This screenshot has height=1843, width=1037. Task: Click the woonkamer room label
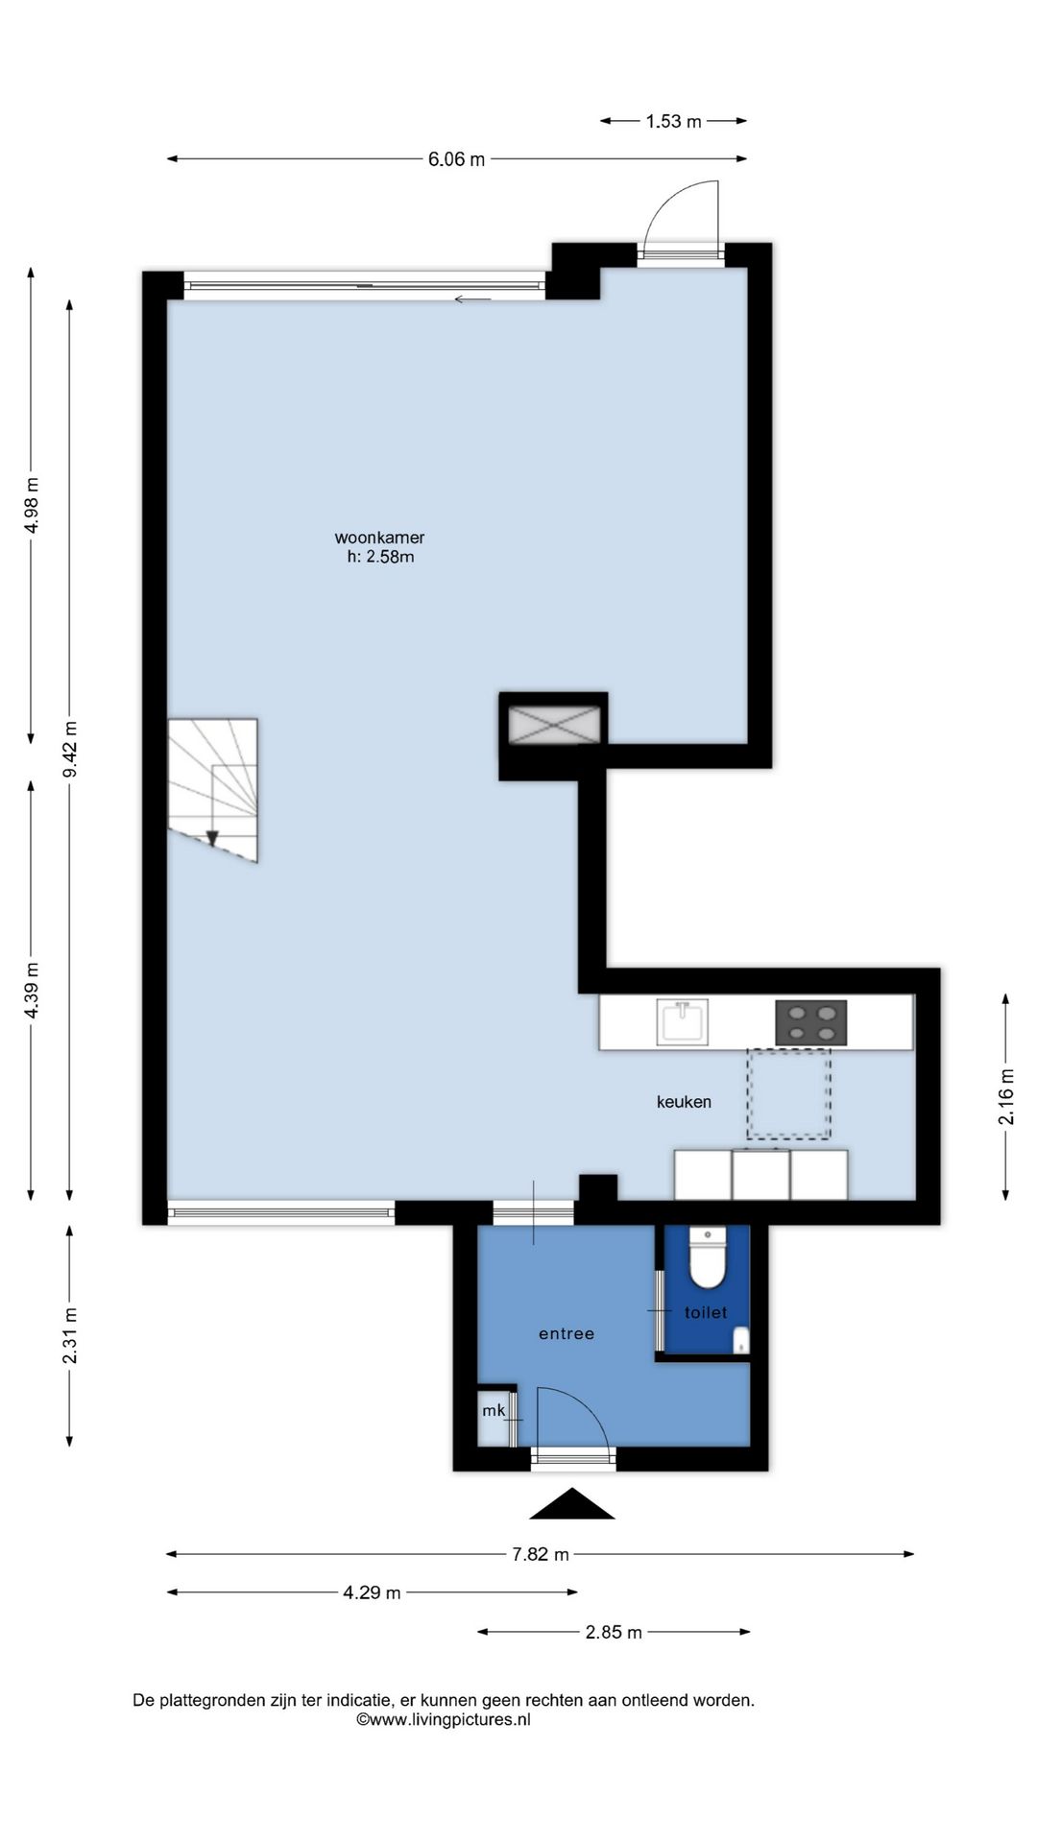tap(379, 538)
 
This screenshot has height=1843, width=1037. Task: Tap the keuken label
tap(684, 1102)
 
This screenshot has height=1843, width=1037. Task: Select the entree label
tap(567, 1333)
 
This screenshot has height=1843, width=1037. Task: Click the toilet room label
tap(706, 1312)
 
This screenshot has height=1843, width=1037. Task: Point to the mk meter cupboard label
tap(494, 1410)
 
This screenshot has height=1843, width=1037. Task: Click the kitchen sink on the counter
tap(682, 1021)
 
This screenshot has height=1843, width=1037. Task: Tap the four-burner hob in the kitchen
tap(811, 1022)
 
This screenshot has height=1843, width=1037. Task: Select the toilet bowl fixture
tap(709, 1257)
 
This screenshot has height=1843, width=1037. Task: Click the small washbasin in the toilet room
tap(740, 1341)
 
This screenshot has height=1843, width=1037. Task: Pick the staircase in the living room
tap(213, 790)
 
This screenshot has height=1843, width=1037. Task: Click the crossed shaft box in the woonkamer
tap(554, 725)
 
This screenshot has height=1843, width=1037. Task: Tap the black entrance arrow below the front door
tap(572, 1504)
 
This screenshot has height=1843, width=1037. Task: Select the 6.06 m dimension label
tap(456, 159)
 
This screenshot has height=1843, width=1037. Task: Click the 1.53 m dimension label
tap(673, 121)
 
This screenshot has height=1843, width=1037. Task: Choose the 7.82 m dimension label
tap(541, 1554)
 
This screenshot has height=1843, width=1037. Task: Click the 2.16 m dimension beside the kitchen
tap(1006, 1096)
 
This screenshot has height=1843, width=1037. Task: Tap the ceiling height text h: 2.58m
tap(380, 557)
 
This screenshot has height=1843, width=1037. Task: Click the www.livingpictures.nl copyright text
tap(444, 1719)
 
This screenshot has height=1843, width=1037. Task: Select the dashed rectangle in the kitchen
tap(788, 1093)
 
